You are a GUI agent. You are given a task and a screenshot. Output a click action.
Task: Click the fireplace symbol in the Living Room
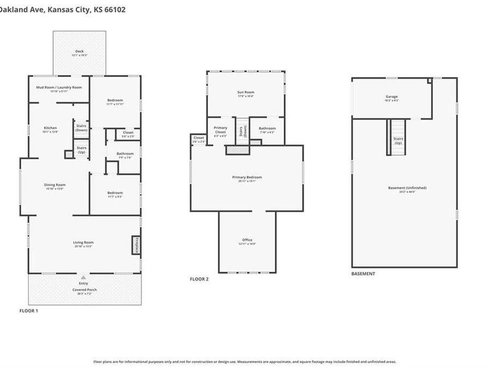pyautogui.click(x=136, y=245)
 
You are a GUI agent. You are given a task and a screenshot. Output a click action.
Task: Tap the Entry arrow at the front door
pyautogui.click(x=83, y=277)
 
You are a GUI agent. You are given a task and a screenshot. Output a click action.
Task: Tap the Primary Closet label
pyautogui.click(x=220, y=130)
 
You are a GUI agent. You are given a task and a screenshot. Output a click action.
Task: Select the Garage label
pyautogui.click(x=392, y=98)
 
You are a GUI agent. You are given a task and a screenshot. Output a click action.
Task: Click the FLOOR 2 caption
pyautogui.click(x=199, y=279)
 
